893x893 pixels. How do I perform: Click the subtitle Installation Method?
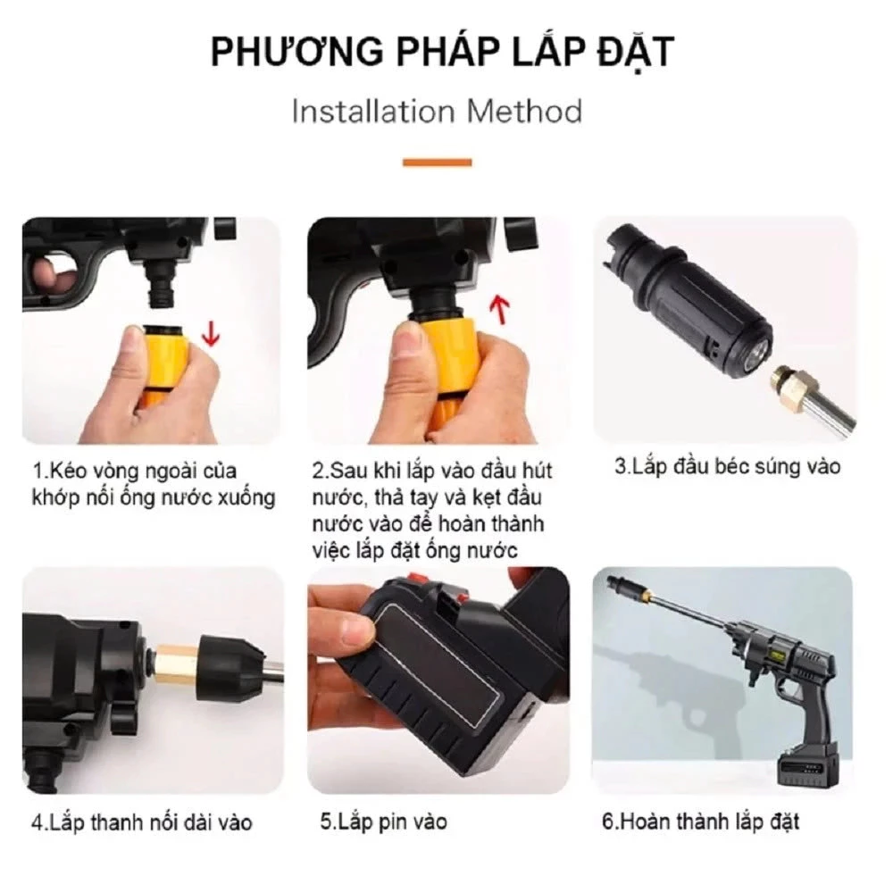[x=438, y=113]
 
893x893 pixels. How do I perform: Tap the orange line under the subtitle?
[x=437, y=163]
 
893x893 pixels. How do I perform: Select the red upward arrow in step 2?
[x=502, y=311]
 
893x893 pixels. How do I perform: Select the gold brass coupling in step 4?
[x=179, y=665]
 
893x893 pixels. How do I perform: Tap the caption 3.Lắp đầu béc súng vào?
[x=727, y=466]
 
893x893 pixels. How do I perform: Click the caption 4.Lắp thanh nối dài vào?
[x=142, y=822]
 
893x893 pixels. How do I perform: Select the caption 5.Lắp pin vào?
[x=384, y=821]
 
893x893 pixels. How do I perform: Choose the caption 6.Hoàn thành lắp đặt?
[x=700, y=822]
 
